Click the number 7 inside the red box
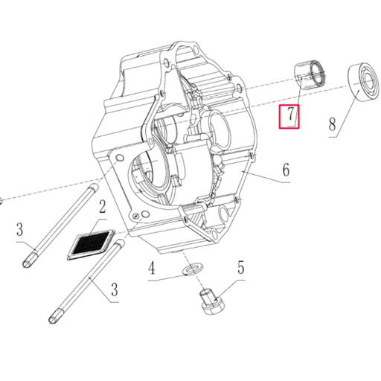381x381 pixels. click(x=289, y=117)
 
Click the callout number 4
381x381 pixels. click(x=151, y=266)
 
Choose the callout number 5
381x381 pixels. click(x=240, y=267)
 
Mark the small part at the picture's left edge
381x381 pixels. click(x=1, y=199)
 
